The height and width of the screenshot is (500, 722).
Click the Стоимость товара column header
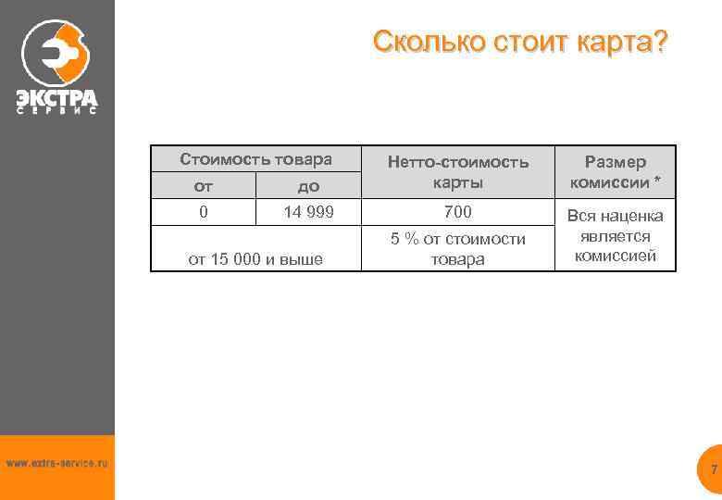click(x=255, y=159)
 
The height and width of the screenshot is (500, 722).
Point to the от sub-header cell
click(x=204, y=186)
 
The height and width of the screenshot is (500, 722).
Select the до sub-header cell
click(x=307, y=186)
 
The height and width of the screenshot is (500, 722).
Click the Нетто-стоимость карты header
click(x=457, y=171)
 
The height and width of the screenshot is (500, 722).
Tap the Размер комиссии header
click(x=616, y=171)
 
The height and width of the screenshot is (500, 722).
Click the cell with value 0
click(x=204, y=212)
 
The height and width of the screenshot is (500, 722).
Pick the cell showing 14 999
click(x=307, y=212)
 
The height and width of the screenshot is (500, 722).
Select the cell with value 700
click(x=457, y=212)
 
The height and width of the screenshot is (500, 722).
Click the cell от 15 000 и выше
click(x=255, y=258)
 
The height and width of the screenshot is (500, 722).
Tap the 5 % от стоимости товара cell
click(x=457, y=249)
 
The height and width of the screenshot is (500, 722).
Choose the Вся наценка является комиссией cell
click(x=616, y=236)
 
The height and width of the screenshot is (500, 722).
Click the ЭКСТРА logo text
click(x=56, y=95)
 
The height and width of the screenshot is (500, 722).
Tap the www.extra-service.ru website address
click(x=56, y=462)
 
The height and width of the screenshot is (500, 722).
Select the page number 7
click(x=714, y=470)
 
